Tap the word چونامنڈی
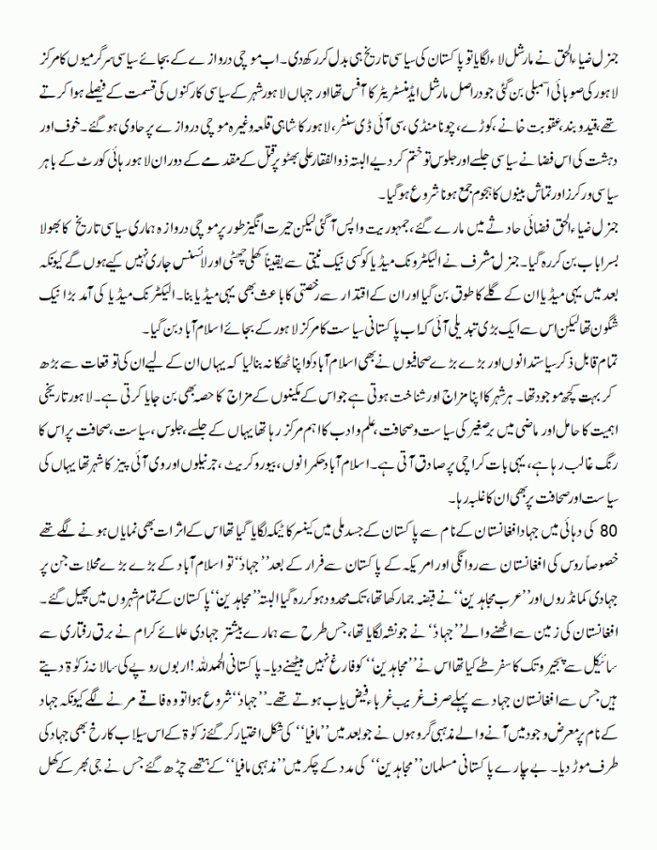[417, 119]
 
